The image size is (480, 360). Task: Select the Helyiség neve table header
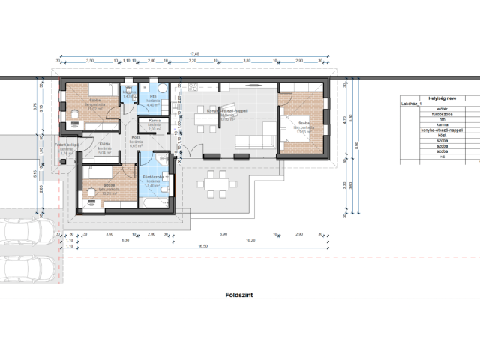click(x=430, y=97)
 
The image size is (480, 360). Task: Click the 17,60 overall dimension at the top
click(x=194, y=54)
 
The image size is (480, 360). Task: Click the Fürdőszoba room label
click(x=154, y=177)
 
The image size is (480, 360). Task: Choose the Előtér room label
click(x=105, y=144)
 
